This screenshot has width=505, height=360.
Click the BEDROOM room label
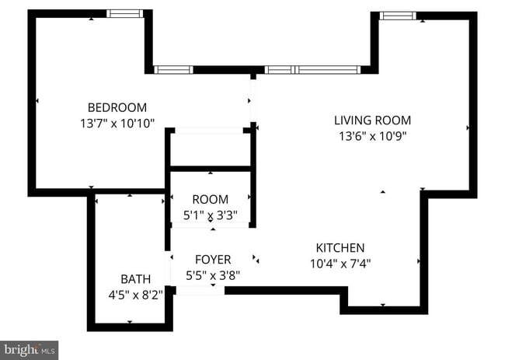point(117,107)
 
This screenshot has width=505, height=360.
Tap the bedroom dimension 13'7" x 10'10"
point(117,123)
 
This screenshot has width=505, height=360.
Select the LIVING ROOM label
point(372,121)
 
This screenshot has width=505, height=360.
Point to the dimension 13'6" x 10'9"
point(372,135)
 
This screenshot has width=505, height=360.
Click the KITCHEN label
point(340,247)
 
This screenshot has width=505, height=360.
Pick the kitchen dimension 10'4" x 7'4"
point(340,263)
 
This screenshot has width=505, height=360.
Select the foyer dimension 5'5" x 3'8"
point(212,275)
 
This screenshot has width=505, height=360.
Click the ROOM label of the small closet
point(211,199)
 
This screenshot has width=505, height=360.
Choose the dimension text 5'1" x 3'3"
point(211,214)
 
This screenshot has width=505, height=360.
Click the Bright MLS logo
point(30,350)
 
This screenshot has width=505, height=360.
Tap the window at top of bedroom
point(125,13)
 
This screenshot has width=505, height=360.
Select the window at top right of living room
point(397,15)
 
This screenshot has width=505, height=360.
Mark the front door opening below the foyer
point(200,290)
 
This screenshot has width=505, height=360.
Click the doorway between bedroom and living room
point(252,101)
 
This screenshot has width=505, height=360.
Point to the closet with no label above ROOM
point(210,149)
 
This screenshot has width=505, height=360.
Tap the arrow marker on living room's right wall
point(468,128)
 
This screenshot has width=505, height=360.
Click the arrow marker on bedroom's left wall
point(37,101)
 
